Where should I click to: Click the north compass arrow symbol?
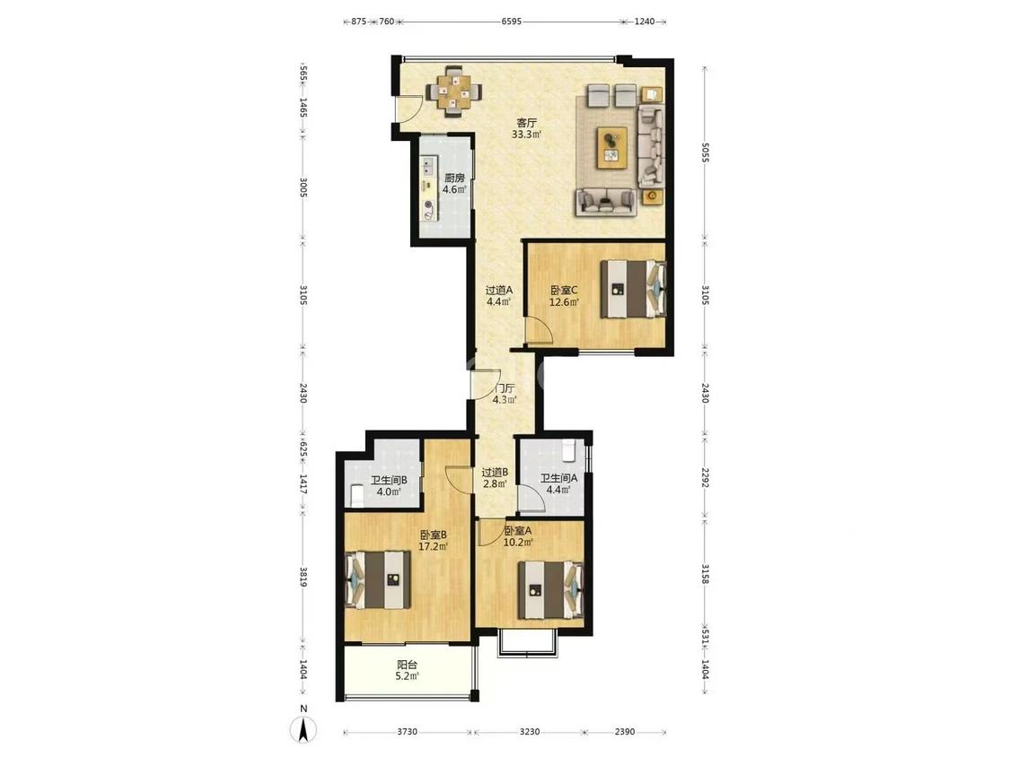click(x=303, y=729)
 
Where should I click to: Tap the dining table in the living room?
click(x=456, y=91)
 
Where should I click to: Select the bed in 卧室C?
click(x=633, y=289)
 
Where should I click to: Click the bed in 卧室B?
click(x=379, y=579)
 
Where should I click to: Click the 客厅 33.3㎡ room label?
click(x=526, y=129)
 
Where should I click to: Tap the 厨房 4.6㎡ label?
click(x=454, y=184)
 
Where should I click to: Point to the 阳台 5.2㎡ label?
click(x=407, y=671)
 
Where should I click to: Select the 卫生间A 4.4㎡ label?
click(x=558, y=484)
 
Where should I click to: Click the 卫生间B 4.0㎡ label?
click(x=389, y=486)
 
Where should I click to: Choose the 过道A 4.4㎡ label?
click(x=498, y=295)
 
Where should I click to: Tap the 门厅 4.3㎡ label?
click(x=505, y=394)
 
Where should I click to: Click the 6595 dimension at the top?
click(x=512, y=22)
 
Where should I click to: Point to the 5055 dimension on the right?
click(x=705, y=152)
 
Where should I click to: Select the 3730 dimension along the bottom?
click(x=407, y=732)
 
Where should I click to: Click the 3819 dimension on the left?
click(x=303, y=576)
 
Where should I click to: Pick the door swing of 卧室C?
click(x=540, y=331)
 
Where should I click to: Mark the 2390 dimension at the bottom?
click(x=624, y=732)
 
